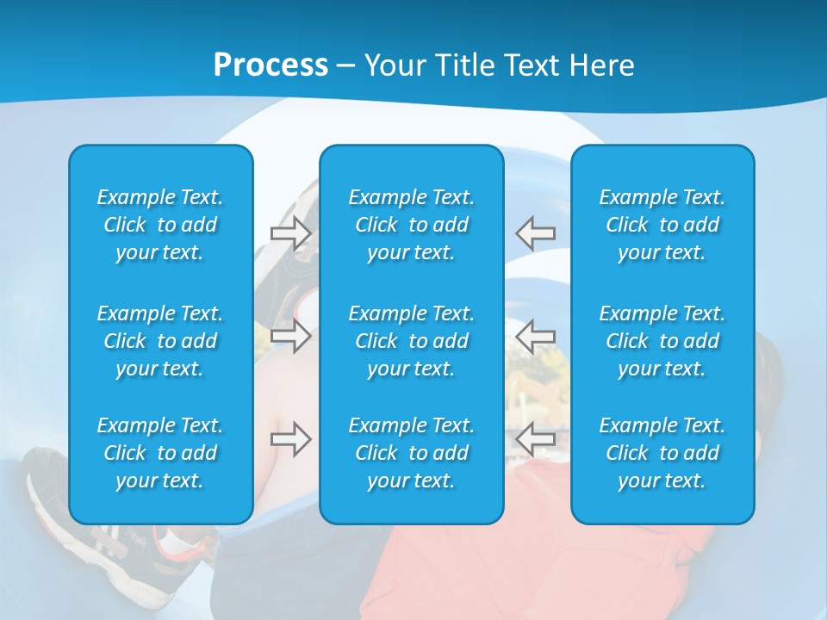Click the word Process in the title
click(270, 65)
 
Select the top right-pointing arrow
click(290, 232)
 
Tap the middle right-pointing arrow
click(290, 335)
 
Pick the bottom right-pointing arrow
click(290, 439)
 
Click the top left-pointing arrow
click(536, 232)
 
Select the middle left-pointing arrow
click(536, 335)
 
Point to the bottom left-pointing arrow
click(536, 439)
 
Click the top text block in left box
click(160, 225)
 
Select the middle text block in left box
click(160, 341)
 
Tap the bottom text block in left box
click(160, 453)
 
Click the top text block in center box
click(411, 225)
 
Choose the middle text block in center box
click(411, 341)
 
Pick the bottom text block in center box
click(411, 453)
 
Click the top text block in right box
click(662, 225)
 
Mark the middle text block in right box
click(662, 341)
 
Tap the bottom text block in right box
click(662, 453)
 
